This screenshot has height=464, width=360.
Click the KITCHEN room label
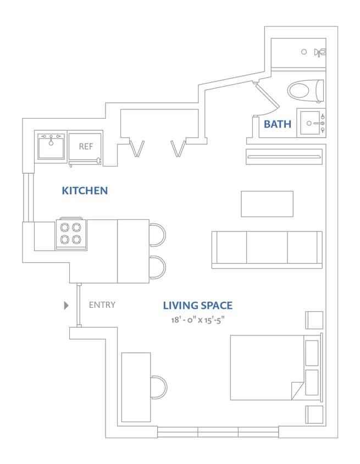tap(85, 191)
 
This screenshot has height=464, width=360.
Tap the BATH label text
tap(278, 124)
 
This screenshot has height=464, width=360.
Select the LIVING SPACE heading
tap(197, 305)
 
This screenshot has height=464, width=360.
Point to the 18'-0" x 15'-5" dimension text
tap(197, 319)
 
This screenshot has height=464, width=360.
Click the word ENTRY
tap(102, 305)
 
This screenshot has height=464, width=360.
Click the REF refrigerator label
tap(86, 146)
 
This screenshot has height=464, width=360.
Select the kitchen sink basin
tap(51, 146)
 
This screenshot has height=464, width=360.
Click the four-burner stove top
tap(71, 233)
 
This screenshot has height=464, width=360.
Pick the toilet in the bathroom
tap(305, 91)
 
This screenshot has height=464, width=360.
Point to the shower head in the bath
tap(319, 52)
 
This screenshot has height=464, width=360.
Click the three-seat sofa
tap(267, 249)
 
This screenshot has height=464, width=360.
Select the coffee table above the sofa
tap(267, 203)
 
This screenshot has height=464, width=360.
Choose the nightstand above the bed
tap(314, 320)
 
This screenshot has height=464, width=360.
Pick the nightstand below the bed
tap(314, 414)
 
